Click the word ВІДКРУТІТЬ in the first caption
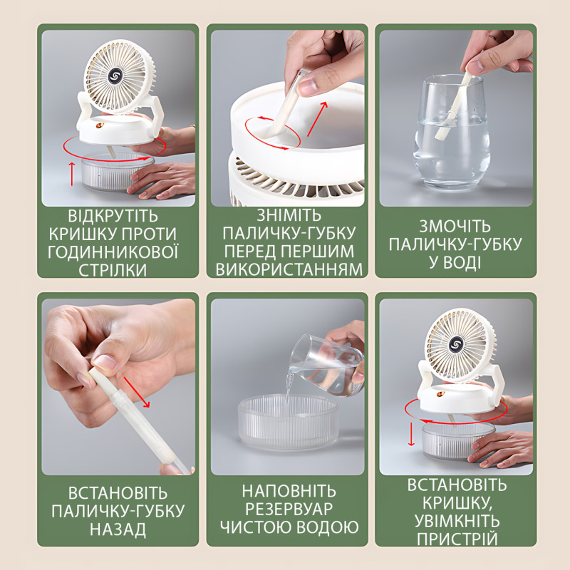click(113, 216)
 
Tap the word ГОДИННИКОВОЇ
click(113, 252)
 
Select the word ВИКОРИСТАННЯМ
click(289, 269)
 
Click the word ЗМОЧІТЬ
click(455, 227)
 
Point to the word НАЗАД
click(118, 529)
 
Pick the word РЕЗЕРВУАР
click(289, 509)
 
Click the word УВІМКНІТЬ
click(457, 521)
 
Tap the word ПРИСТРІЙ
click(457, 539)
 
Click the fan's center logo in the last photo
click(456, 345)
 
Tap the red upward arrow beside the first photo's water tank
click(72, 174)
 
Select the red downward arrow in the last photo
click(411, 434)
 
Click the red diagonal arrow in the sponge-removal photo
click(317, 119)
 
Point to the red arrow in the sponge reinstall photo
click(136, 392)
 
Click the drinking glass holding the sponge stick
click(452, 133)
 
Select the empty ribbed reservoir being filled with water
click(289, 423)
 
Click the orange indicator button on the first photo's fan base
click(99, 126)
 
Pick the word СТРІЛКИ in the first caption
click(113, 270)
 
